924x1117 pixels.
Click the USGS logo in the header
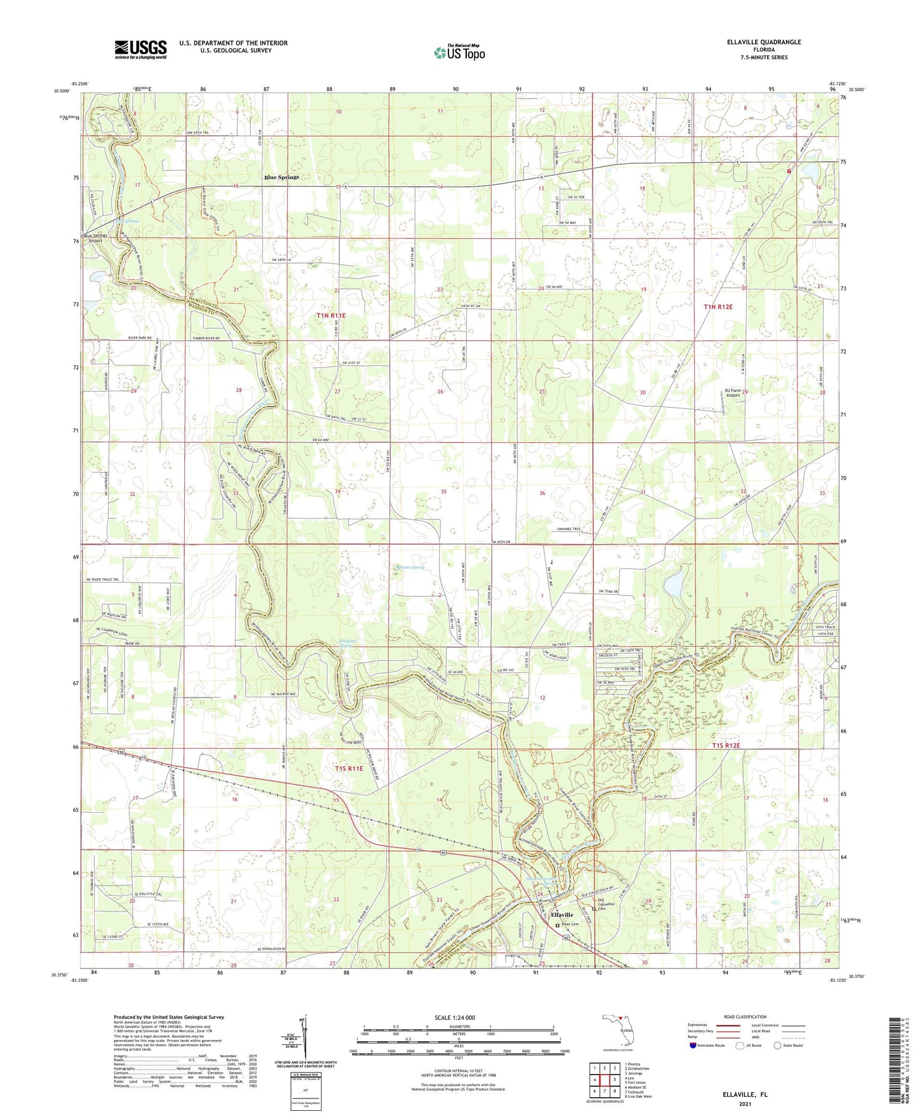pyautogui.click(x=140, y=49)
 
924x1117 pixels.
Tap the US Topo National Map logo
pyautogui.click(x=459, y=52)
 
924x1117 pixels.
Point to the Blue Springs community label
pyautogui.click(x=282, y=177)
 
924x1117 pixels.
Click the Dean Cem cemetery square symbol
pyautogui.click(x=558, y=925)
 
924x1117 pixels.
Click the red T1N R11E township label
pyautogui.click(x=331, y=315)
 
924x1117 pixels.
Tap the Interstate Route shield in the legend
pyautogui.click(x=692, y=1046)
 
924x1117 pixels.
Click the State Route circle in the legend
pyautogui.click(x=777, y=1046)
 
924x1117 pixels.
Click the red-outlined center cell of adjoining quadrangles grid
pyautogui.click(x=606, y=1079)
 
